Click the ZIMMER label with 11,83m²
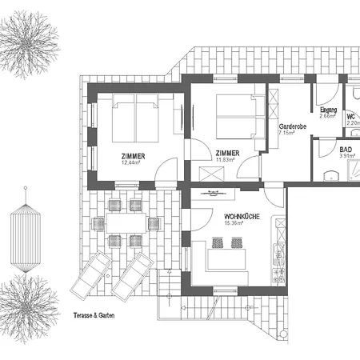pyautogui.click(x=228, y=153)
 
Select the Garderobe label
pyautogui.click(x=293, y=126)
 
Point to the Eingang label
pyautogui.click(x=328, y=110)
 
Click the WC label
pyautogui.click(x=350, y=117)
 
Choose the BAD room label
pyautogui.click(x=345, y=149)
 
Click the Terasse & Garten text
pyautogui.click(x=92, y=314)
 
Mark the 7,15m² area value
pyautogui.click(x=287, y=134)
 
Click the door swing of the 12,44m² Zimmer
pyautogui.click(x=166, y=170)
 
